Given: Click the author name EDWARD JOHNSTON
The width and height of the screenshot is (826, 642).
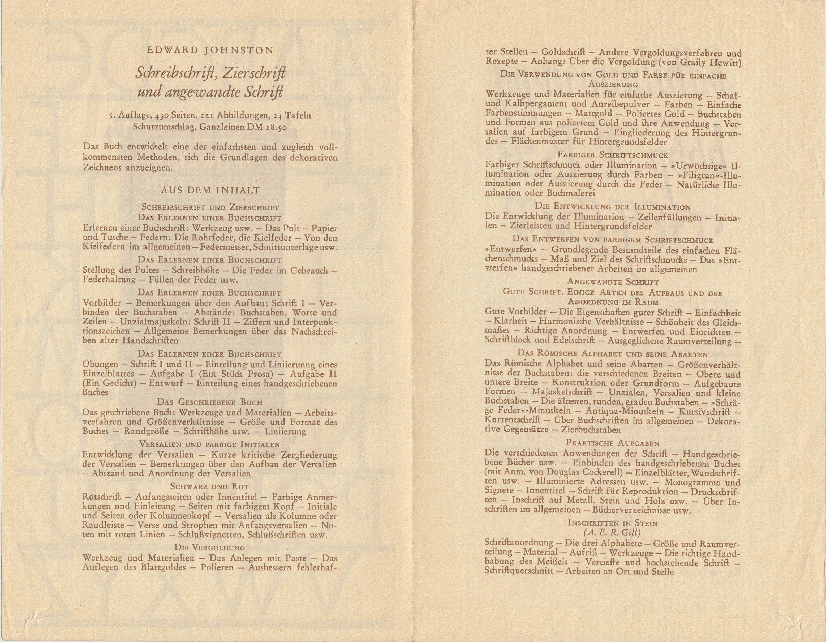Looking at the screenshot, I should click(210, 50).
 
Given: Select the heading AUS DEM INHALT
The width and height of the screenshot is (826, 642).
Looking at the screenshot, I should click(210, 190).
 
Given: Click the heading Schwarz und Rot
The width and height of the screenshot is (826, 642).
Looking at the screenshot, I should click(209, 486).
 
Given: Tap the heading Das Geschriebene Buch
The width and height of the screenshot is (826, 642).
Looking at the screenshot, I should click(209, 402).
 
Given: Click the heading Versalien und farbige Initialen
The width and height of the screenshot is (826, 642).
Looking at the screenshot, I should click(209, 444).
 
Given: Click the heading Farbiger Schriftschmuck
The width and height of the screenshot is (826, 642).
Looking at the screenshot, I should click(613, 155).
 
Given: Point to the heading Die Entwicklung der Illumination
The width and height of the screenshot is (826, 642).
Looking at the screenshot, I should click(613, 207).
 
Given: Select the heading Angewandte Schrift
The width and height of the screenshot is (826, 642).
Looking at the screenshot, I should click(613, 282).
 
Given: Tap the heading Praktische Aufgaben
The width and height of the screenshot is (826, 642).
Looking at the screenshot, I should click(613, 443).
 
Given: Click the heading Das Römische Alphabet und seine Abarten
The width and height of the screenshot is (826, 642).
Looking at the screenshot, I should click(613, 354).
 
